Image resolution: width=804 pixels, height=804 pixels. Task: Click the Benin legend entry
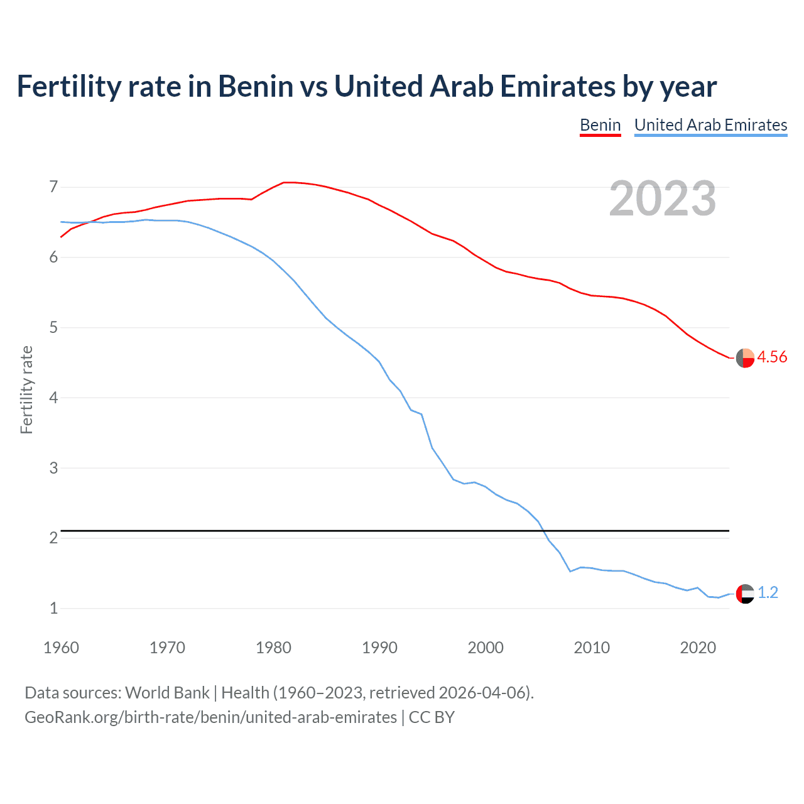(600, 125)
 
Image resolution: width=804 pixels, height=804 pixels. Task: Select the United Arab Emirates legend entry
(710, 125)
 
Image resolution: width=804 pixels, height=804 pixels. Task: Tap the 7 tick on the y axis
(53, 187)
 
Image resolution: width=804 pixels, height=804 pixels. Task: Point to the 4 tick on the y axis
(53, 398)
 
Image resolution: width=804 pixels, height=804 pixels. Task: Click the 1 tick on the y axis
(53, 608)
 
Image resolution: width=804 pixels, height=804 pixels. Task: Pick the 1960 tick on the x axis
(61, 648)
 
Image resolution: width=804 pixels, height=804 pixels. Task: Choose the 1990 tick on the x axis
(379, 648)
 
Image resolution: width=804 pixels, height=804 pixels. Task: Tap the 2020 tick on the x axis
(698, 648)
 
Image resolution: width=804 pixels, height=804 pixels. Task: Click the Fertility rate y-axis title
(26, 389)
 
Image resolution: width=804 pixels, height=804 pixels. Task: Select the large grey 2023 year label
(663, 198)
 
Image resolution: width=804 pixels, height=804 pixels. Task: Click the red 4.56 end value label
(772, 357)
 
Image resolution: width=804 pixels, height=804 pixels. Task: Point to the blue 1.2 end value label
(768, 593)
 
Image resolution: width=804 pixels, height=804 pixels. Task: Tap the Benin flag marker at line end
(745, 357)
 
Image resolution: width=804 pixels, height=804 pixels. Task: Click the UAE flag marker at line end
(745, 594)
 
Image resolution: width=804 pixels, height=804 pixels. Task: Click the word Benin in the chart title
(256, 86)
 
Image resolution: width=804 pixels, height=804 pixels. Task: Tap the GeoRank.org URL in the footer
(210, 717)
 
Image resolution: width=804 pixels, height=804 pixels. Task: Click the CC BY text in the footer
(432, 717)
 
